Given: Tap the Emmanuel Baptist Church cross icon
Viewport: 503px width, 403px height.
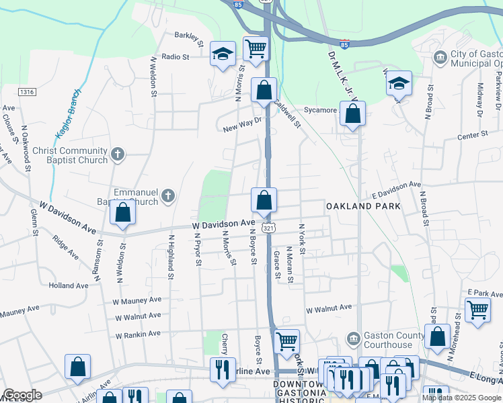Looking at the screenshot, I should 168,196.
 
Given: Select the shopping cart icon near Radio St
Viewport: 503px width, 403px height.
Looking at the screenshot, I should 256,48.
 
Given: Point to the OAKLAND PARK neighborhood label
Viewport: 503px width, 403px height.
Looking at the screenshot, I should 363,207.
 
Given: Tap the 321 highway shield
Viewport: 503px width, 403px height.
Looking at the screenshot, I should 267,228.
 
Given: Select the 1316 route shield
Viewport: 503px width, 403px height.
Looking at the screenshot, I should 27,91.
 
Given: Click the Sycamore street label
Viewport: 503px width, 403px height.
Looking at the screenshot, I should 320,110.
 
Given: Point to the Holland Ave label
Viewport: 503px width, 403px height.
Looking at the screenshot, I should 69,285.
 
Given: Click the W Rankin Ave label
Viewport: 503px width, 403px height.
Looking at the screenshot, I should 138,334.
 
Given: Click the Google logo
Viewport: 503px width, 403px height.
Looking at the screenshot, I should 22,395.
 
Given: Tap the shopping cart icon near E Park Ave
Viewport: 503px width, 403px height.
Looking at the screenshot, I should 477,311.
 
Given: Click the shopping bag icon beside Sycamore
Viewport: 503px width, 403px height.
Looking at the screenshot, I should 353,114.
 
